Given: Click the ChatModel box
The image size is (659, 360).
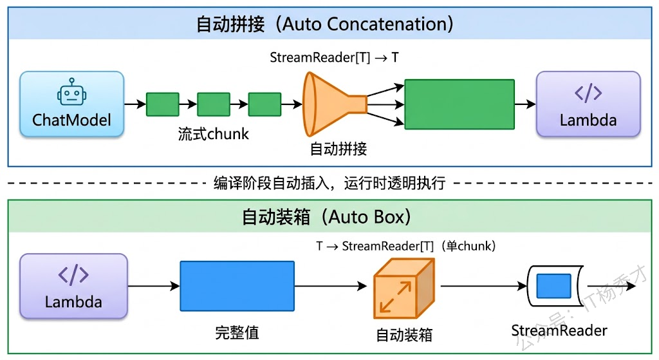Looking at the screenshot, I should pyautogui.click(x=71, y=104).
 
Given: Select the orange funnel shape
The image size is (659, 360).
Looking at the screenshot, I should pyautogui.click(x=333, y=104).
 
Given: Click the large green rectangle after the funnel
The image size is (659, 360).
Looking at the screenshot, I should pyautogui.click(x=459, y=104).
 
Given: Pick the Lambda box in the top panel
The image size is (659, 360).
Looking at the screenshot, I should pyautogui.click(x=588, y=104).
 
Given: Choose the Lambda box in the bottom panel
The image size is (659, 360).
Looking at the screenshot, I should pyautogui.click(x=73, y=286).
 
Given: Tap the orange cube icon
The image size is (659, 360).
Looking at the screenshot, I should pyautogui.click(x=404, y=289).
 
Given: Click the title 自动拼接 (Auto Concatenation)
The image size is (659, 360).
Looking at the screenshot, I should pyautogui.click(x=325, y=24).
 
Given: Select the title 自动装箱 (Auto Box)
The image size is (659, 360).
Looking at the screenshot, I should pyautogui.click(x=326, y=217).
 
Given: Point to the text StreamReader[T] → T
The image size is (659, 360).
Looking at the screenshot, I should pyautogui.click(x=334, y=57).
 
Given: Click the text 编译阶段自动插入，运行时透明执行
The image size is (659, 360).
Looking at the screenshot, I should pyautogui.click(x=329, y=183).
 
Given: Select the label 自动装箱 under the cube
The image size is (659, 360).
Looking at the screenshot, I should pyautogui.click(x=404, y=335).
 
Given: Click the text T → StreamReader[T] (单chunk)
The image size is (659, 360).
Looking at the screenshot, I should pyautogui.click(x=405, y=246).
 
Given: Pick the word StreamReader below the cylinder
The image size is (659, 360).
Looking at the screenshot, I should pyautogui.click(x=559, y=330).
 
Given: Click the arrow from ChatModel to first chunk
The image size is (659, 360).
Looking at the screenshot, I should pyautogui.click(x=135, y=104).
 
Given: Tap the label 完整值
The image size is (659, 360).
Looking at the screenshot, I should pyautogui.click(x=237, y=333).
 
